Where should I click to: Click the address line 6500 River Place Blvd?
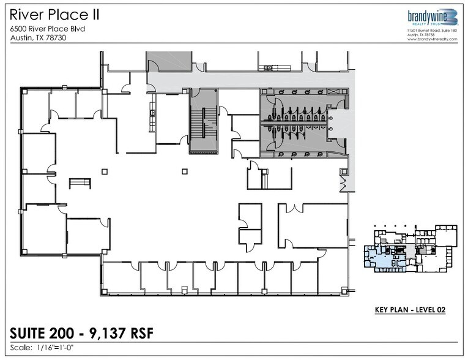[46, 28]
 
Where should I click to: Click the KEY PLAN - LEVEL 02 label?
[410, 310]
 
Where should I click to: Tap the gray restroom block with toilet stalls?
[300, 122]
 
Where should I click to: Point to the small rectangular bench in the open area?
[79, 182]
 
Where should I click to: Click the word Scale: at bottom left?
[22, 348]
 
